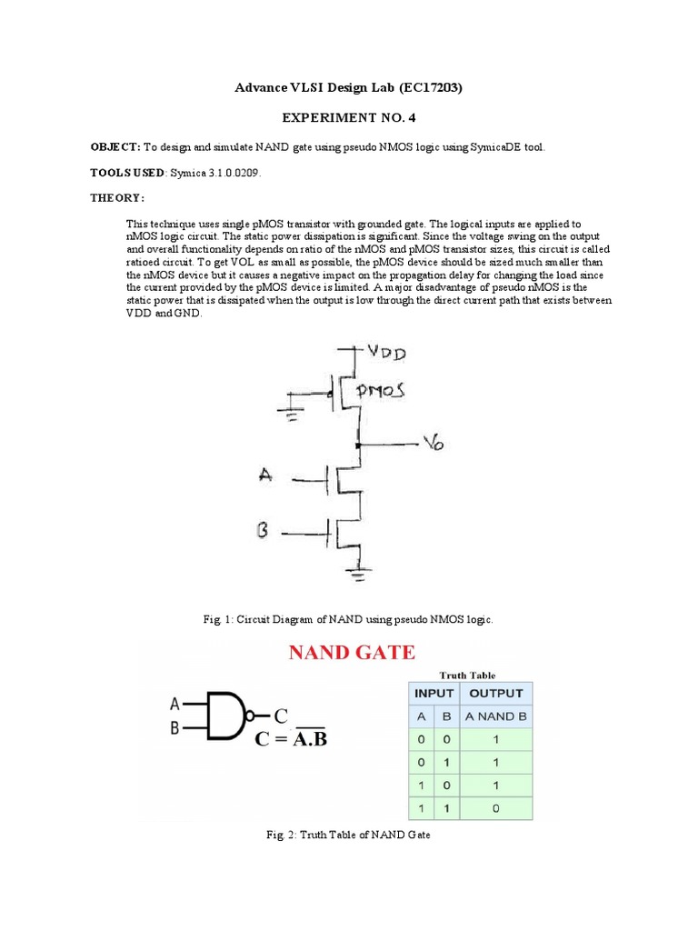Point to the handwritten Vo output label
coord(433,444)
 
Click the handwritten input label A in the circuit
coord(266,474)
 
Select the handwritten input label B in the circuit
coord(263,529)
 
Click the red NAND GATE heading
coord(352,652)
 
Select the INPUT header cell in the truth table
coord(434,693)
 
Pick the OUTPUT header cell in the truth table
coord(495,693)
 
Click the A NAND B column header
coord(495,716)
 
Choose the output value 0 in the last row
coord(495,806)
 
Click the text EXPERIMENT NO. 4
coord(348,118)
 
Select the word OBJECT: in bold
coord(115,146)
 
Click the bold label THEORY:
coord(116,197)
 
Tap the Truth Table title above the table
coord(467,675)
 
